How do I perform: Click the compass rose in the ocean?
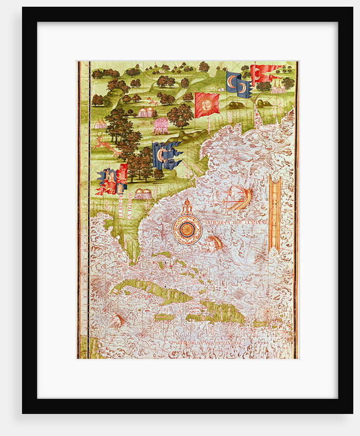187,229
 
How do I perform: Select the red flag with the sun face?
207,104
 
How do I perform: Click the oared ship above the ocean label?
239,197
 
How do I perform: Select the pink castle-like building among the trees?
161,125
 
